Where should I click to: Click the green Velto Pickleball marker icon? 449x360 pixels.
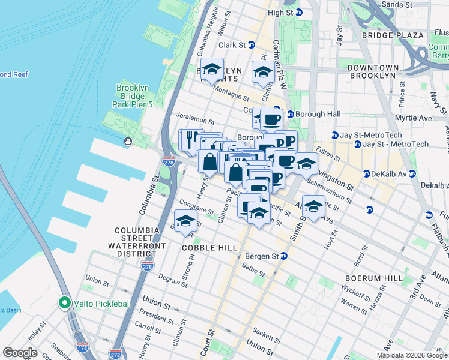(64, 304)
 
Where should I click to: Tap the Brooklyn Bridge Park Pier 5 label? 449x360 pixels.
(133, 97)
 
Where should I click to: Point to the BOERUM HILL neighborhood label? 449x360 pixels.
(370, 278)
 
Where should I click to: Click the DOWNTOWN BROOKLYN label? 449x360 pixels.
(373, 71)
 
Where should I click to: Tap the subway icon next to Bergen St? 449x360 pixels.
(284, 256)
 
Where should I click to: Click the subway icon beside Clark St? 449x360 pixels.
(252, 45)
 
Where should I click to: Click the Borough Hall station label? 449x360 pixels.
(312, 114)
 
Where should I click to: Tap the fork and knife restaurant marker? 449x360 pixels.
(190, 140)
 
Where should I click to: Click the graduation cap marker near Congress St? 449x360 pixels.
(186, 221)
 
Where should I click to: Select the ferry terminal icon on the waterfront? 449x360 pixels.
(128, 142)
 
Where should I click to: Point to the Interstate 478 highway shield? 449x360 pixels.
(82, 347)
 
